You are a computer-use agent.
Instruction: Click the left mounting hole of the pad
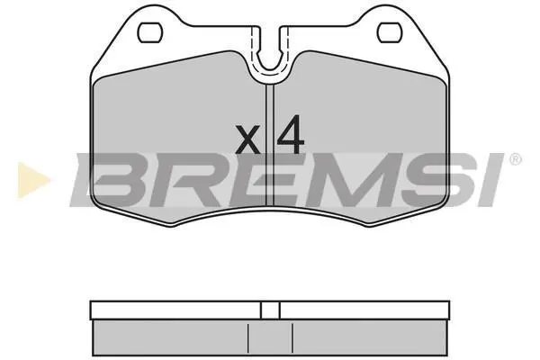[149, 32]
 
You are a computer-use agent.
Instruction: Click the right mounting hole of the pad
[391, 32]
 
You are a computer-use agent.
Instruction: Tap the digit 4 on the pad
[291, 134]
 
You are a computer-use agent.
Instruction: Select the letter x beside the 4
[247, 139]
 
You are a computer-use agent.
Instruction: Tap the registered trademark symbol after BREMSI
[515, 159]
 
